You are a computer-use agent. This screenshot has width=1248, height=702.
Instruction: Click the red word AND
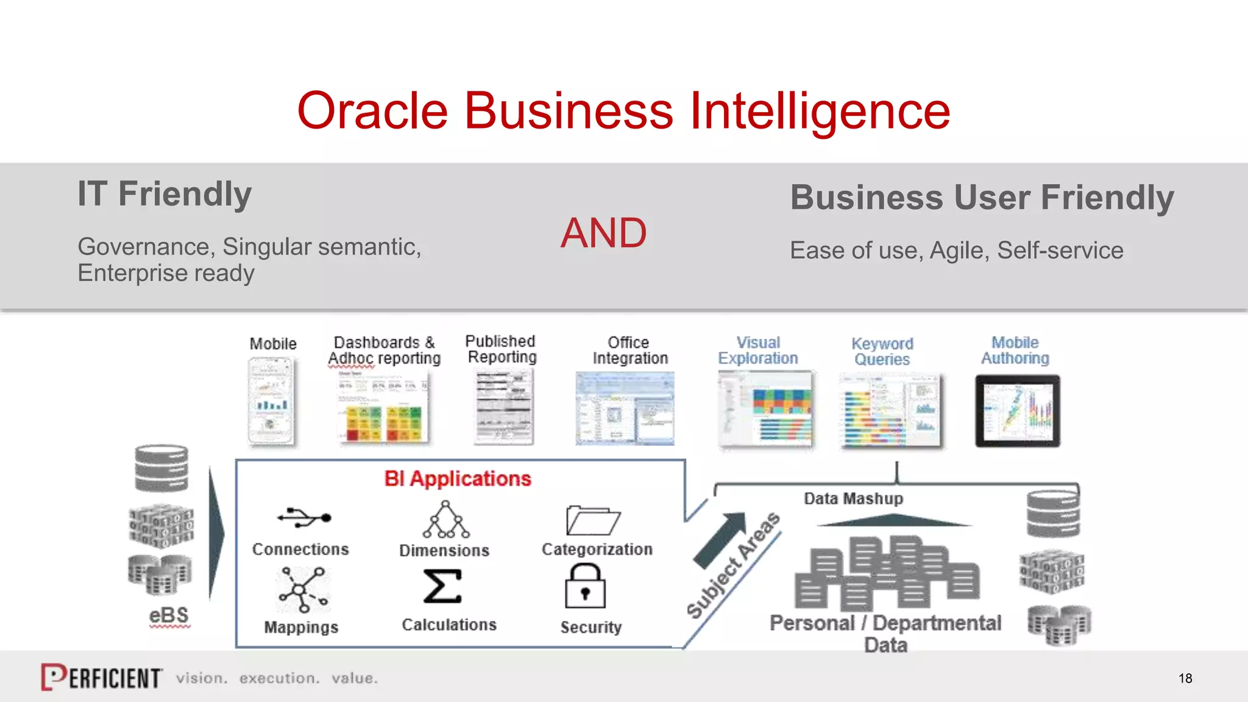(603, 233)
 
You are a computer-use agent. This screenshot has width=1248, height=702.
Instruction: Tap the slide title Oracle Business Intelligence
(623, 111)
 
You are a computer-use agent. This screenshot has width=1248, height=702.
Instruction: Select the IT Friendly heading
(165, 194)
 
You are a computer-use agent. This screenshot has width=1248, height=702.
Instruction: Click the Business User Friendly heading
(981, 197)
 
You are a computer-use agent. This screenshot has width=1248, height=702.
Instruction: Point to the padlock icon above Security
(585, 586)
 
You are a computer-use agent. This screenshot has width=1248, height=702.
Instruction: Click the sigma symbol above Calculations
(443, 586)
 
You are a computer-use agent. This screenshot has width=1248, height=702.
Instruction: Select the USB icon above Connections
(303, 518)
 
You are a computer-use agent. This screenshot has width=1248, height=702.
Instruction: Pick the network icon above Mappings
(303, 590)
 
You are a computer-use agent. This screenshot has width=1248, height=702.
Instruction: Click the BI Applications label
(458, 479)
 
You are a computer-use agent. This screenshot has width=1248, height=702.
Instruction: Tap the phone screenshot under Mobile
(271, 401)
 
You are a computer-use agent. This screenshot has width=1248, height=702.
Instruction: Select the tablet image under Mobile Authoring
(1017, 411)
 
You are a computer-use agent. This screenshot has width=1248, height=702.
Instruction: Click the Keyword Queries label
(882, 352)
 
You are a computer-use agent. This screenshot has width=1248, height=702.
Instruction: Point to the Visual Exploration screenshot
(766, 409)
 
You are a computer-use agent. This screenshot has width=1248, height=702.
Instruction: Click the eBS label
(169, 615)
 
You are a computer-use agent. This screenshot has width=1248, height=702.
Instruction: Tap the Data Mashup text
(853, 498)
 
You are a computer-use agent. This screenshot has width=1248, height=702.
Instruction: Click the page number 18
(1185, 678)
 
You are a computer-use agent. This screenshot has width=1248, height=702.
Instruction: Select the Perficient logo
(102, 678)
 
